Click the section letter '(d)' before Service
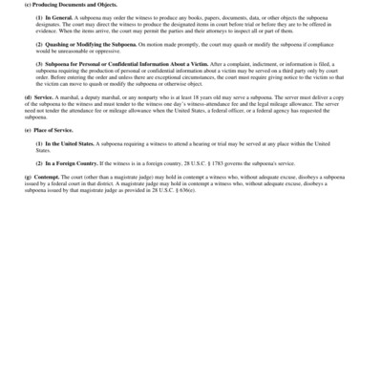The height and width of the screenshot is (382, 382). point(27,97)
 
